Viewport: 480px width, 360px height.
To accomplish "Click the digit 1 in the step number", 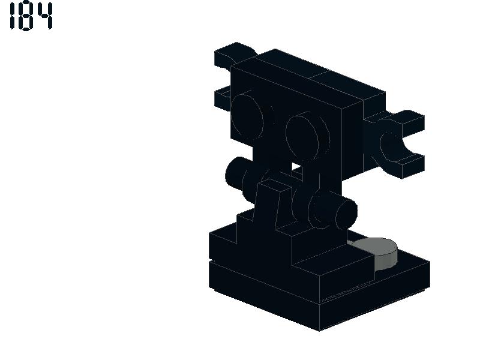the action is click(x=12, y=16).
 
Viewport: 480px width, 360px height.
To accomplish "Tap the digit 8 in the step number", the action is click(x=26, y=16).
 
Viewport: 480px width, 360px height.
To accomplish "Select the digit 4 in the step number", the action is click(x=44, y=16).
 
